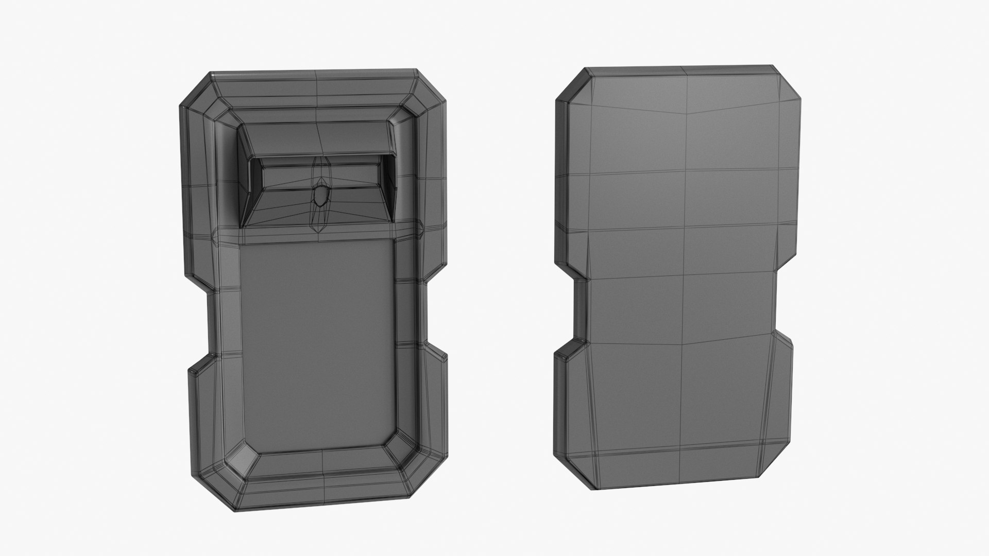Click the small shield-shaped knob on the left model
click(320, 196)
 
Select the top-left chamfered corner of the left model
click(196, 90)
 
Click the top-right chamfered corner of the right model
click(788, 82)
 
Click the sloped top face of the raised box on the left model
click(317, 139)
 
